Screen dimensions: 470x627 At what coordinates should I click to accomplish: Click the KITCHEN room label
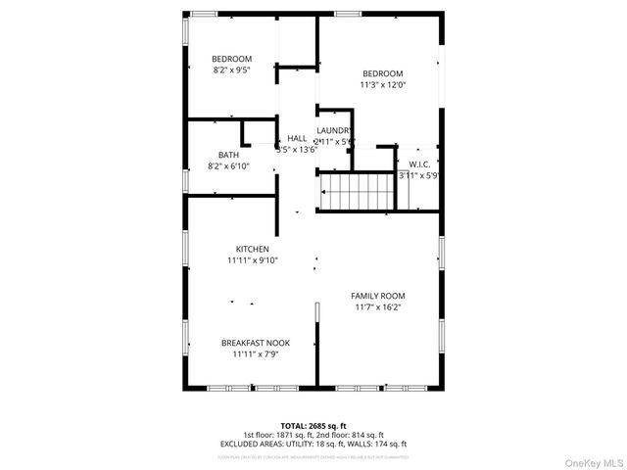(252, 249)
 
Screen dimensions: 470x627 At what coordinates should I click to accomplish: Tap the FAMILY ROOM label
(378, 296)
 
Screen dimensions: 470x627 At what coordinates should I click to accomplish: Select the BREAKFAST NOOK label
(255, 343)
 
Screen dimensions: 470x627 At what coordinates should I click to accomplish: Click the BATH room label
(228, 155)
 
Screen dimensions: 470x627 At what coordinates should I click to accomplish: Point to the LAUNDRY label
(334, 130)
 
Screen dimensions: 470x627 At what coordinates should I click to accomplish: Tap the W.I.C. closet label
(419, 164)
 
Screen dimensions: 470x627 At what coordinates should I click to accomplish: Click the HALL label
(297, 139)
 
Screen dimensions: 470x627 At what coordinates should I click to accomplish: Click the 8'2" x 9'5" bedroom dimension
(232, 70)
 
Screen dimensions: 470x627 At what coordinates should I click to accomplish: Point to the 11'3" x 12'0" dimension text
(382, 85)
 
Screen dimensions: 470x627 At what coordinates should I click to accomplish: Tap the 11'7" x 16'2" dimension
(378, 307)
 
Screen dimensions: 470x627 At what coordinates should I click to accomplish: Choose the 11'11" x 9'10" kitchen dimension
(252, 260)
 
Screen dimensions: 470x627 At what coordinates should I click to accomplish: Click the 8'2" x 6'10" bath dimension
(228, 166)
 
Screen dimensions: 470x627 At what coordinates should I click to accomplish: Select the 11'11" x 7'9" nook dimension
(255, 354)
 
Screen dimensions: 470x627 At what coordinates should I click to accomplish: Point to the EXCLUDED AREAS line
(313, 445)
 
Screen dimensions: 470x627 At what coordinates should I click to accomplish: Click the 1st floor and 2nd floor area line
(313, 435)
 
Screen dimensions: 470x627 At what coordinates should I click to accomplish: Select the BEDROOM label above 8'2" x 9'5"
(232, 59)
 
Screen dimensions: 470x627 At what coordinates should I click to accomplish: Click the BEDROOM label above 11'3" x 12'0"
(382, 73)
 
